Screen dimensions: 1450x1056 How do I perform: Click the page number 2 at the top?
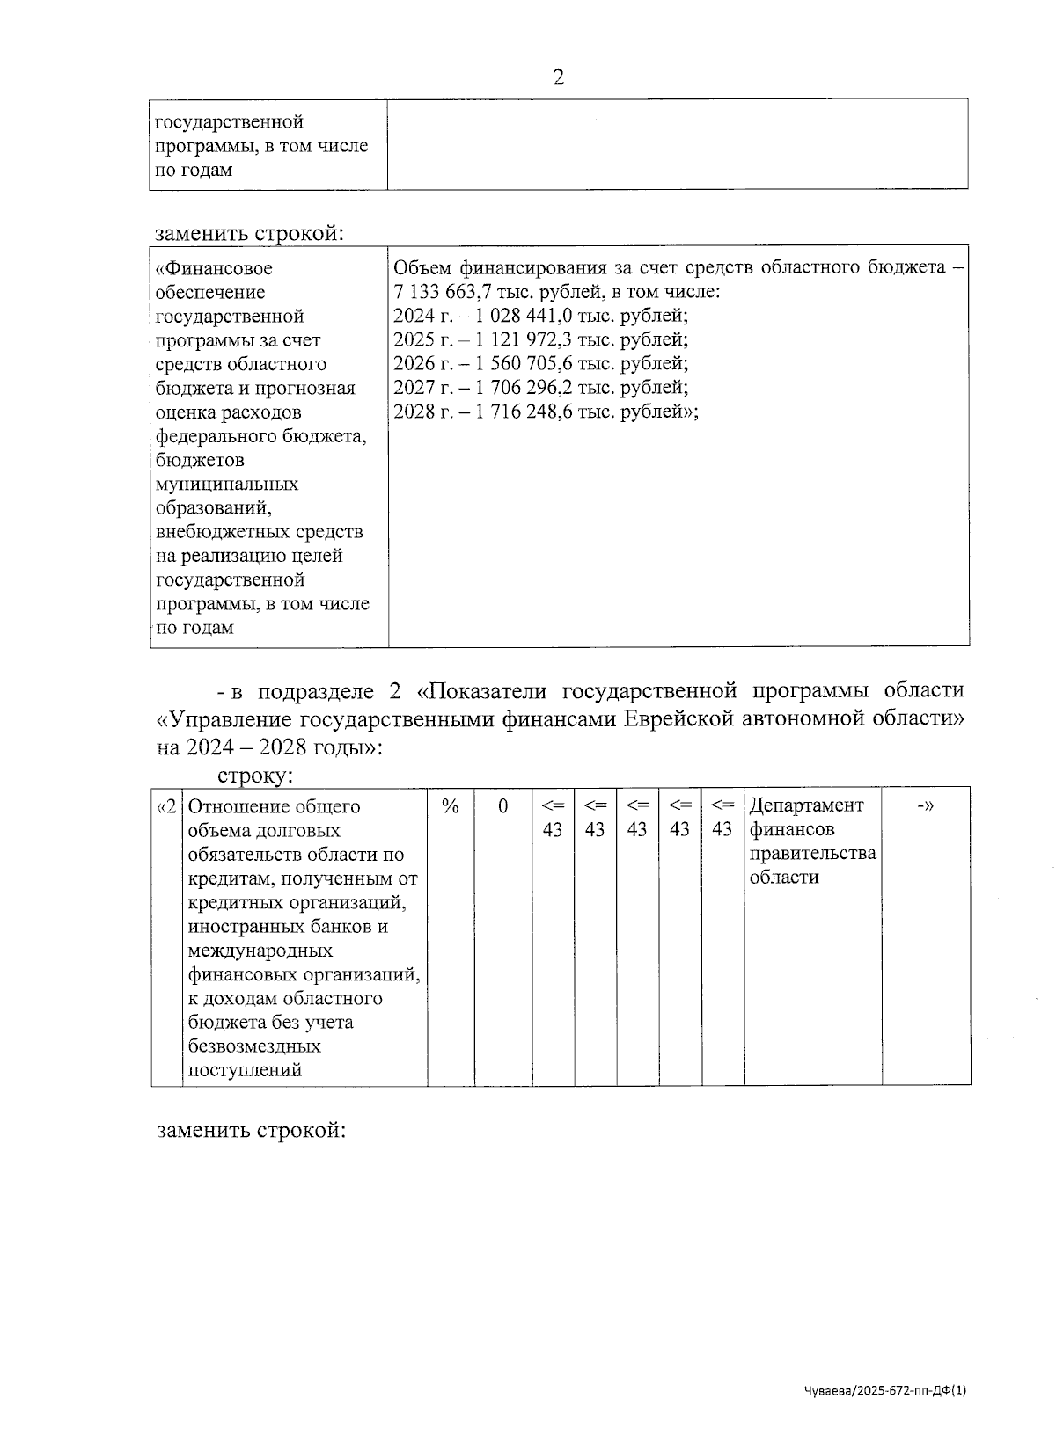[557, 77]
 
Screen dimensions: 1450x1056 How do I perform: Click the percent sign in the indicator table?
[451, 806]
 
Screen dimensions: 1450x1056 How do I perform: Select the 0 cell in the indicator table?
[502, 806]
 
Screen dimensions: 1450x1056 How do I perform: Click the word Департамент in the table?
[806, 805]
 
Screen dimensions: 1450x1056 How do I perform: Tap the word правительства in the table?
[812, 854]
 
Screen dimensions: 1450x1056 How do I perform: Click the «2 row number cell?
[166, 806]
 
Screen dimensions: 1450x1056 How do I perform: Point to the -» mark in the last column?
[925, 806]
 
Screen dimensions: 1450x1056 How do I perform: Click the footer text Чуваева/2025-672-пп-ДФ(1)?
[885, 1390]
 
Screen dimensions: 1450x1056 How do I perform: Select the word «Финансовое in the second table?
[214, 268]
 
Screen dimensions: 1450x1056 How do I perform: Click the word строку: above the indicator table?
[255, 776]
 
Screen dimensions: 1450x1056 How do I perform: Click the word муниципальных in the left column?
[227, 484]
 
